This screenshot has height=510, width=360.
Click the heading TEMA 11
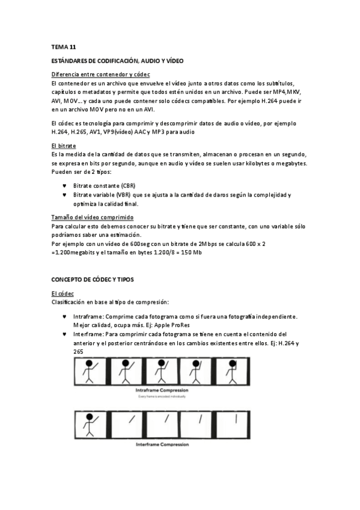click(64, 46)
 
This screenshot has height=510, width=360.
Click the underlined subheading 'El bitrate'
click(64, 146)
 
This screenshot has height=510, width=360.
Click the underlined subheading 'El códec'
click(63, 293)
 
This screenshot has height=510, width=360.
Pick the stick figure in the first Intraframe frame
click(92, 372)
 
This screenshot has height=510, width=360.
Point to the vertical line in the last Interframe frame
click(236, 417)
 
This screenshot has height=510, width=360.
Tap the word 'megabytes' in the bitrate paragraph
click(290, 164)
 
